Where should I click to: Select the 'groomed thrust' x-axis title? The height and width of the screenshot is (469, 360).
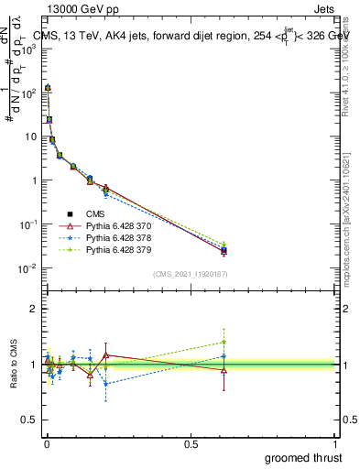(303, 456)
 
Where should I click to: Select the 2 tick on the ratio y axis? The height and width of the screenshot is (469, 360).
(33, 309)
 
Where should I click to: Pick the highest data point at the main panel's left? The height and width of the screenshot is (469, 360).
(48, 88)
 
